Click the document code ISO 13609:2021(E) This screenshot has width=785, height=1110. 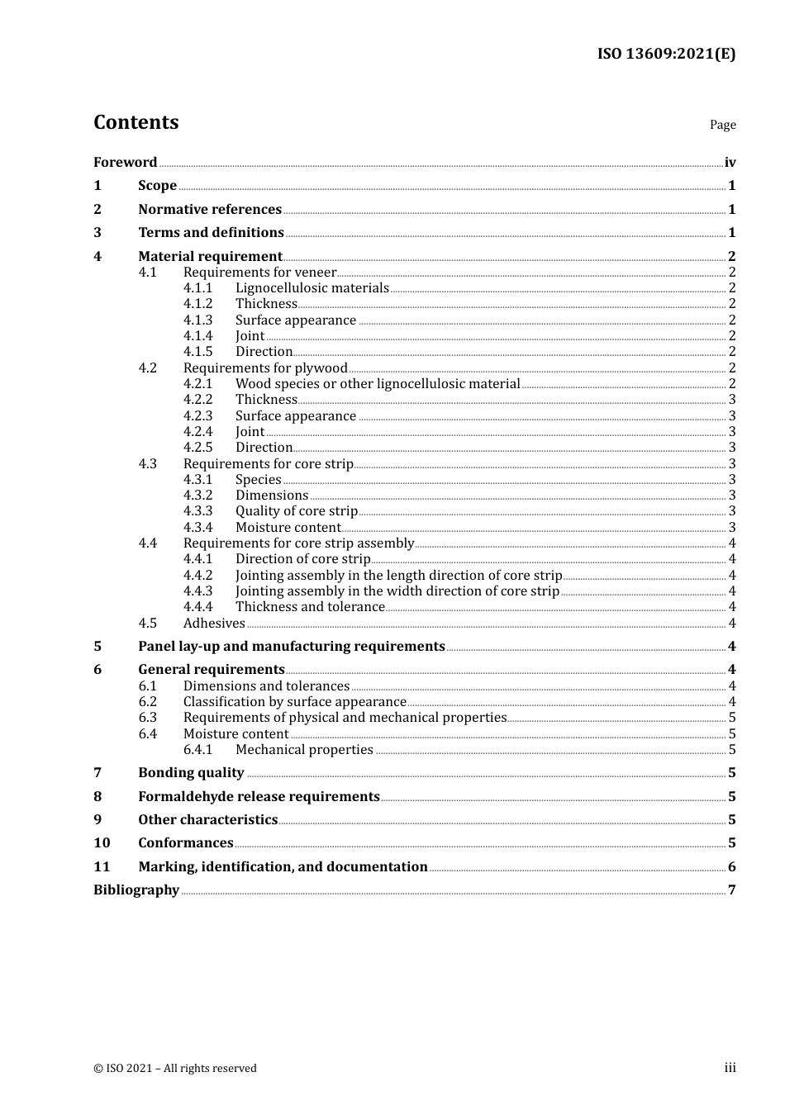click(x=666, y=54)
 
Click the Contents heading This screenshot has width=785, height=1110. click(x=136, y=122)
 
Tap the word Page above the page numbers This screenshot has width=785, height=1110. click(x=722, y=125)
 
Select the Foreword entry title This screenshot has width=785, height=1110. click(x=125, y=163)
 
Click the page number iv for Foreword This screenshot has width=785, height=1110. click(x=730, y=163)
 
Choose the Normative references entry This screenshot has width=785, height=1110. click(x=210, y=210)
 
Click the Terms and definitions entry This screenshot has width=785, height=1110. click(x=211, y=233)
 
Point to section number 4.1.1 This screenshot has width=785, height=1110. click(x=197, y=288)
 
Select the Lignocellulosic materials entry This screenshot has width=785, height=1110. click(x=312, y=288)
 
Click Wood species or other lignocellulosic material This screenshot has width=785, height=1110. click(x=378, y=384)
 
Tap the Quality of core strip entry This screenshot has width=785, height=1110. click(x=296, y=511)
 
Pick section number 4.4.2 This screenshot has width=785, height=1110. click(x=197, y=576)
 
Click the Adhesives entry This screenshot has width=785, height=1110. click(x=214, y=624)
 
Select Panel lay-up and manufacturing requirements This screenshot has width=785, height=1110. click(x=291, y=647)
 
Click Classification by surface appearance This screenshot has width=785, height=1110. click(x=294, y=702)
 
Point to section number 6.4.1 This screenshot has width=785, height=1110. click(x=197, y=750)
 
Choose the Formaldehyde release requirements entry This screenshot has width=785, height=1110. click(x=259, y=797)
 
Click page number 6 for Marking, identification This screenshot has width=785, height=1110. click(x=731, y=867)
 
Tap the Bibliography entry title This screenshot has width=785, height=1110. click(x=136, y=890)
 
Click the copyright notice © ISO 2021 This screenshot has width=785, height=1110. click(x=175, y=1069)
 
